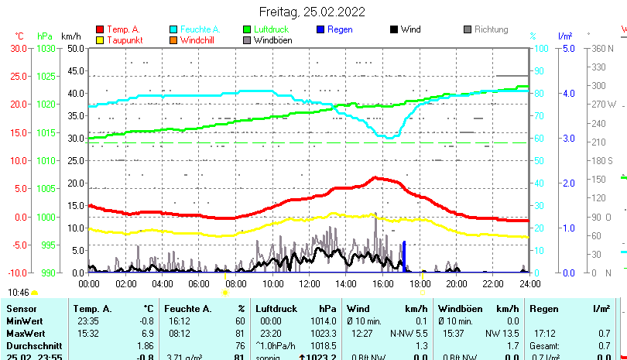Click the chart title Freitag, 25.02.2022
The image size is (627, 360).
tap(313, 12)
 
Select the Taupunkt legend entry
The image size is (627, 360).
tap(123, 39)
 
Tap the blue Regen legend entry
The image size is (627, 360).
tap(340, 29)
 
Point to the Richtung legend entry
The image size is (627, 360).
tap(491, 29)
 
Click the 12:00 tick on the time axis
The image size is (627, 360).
tap(310, 283)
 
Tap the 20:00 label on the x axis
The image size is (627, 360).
tap(456, 283)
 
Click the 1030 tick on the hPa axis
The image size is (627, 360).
tap(46, 48)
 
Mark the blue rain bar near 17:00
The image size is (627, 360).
tap(403, 257)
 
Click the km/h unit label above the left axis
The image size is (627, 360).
tap(70, 36)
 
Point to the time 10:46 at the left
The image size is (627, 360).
tap(19, 293)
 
